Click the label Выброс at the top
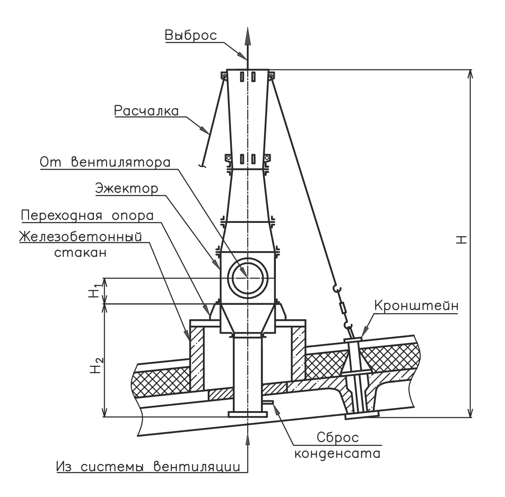[x=191, y=35]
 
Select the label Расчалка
[x=146, y=111]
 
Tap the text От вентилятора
[x=105, y=162]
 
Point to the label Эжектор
[x=127, y=189]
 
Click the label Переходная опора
[x=87, y=216]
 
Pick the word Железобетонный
[x=80, y=237]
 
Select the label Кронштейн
[x=416, y=306]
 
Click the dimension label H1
[x=94, y=290]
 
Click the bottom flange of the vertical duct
[x=248, y=414]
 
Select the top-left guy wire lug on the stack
[x=224, y=75]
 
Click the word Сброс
[x=338, y=437]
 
